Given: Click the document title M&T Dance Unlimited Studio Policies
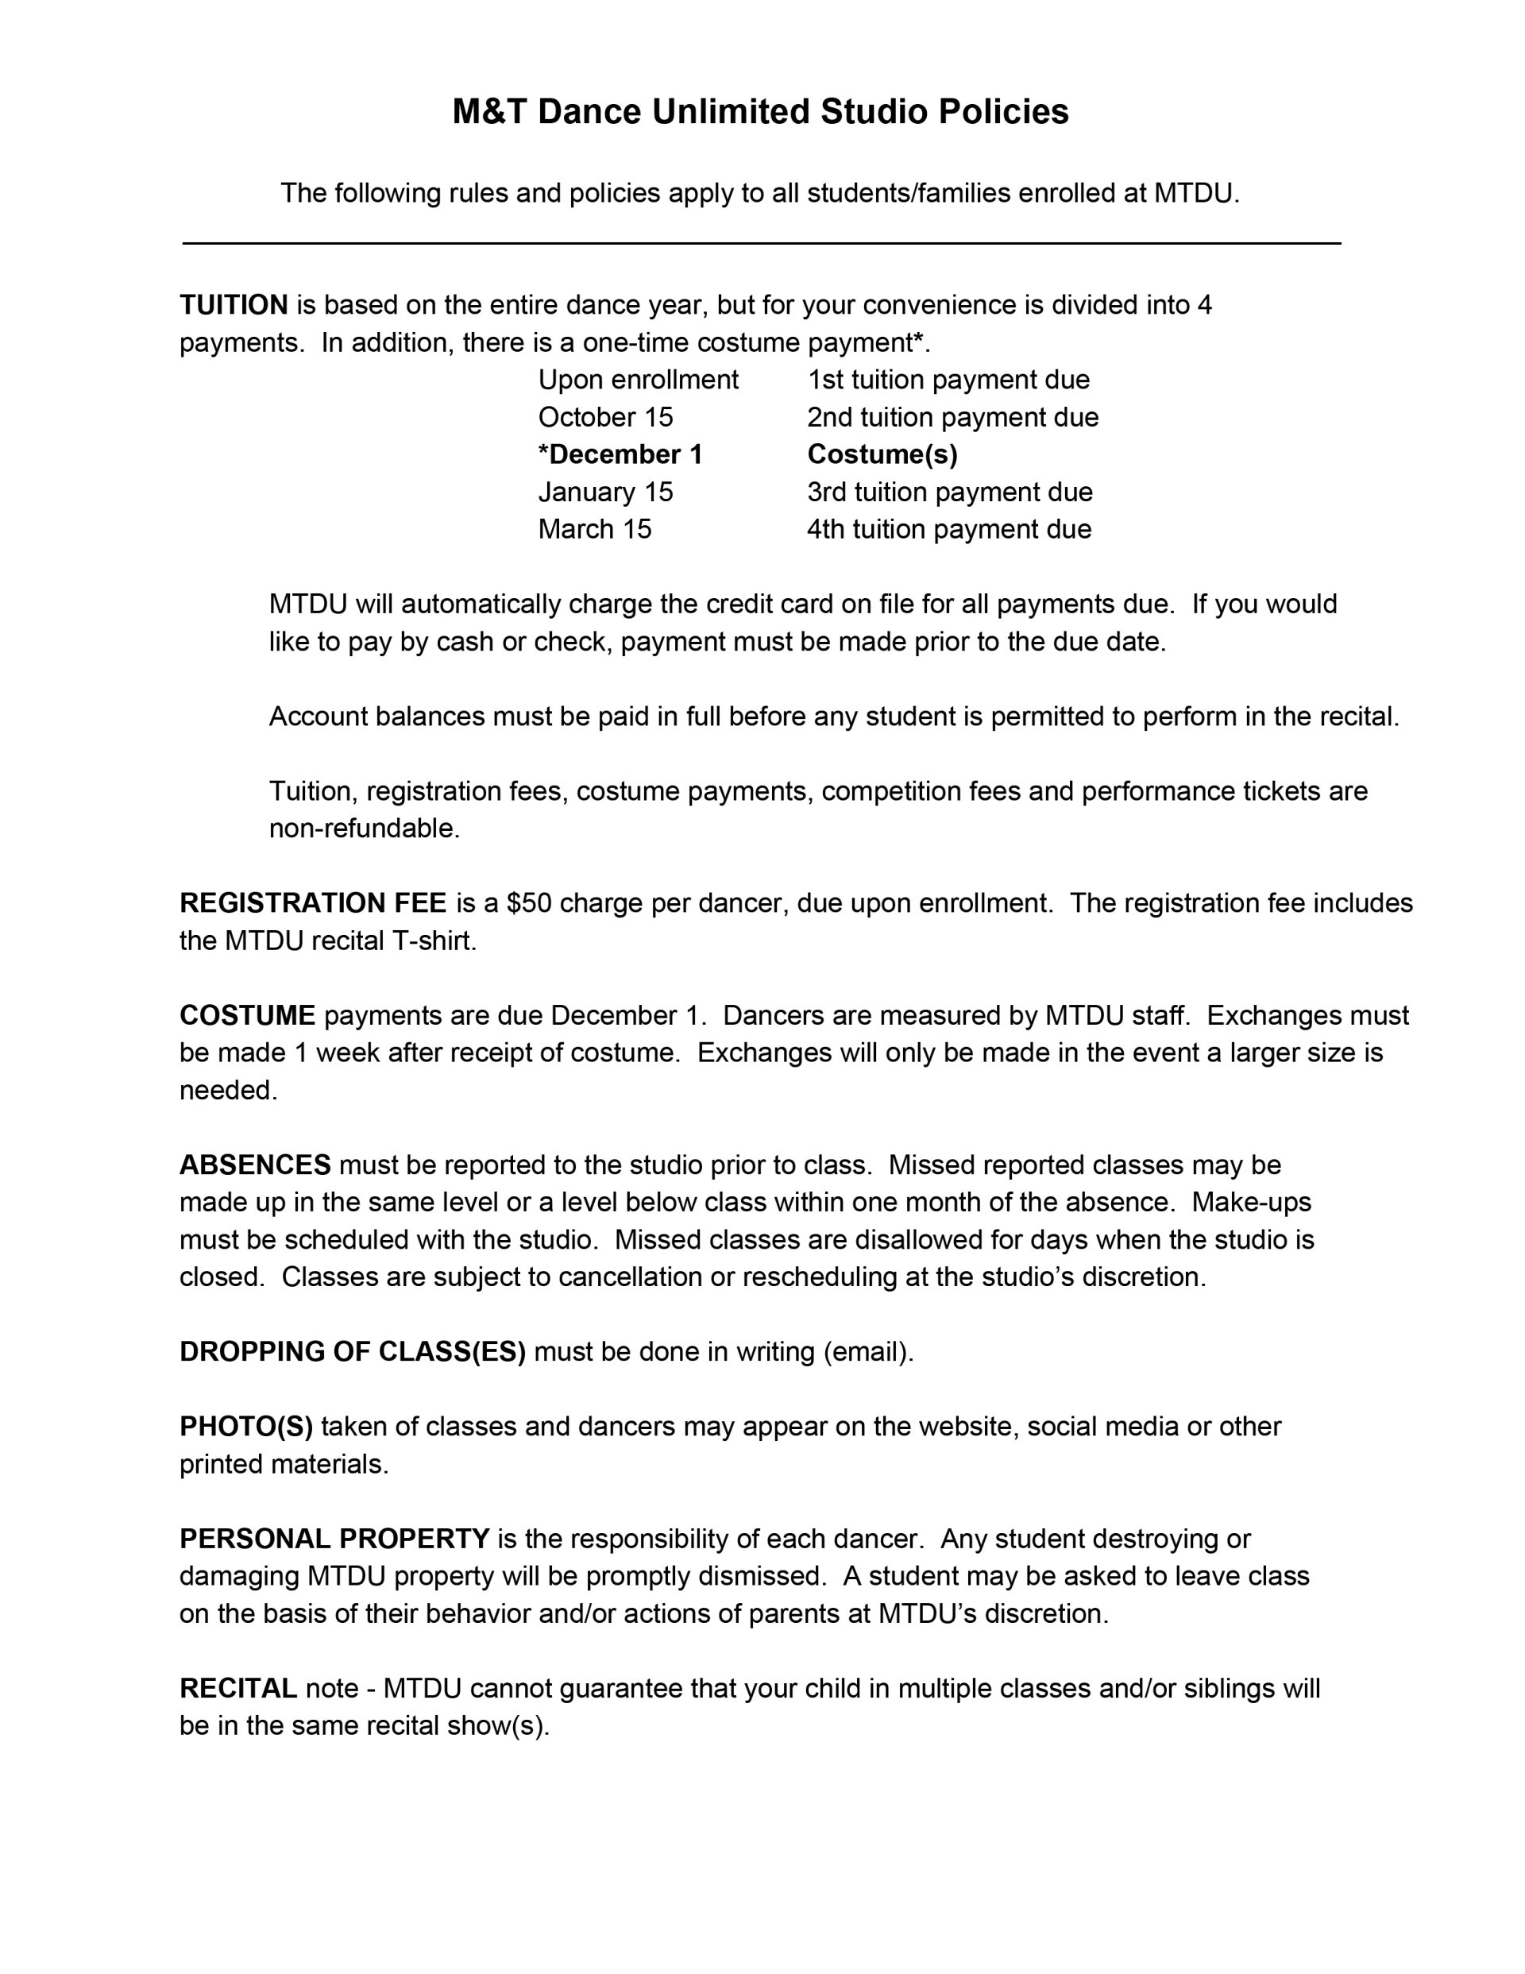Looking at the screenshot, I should (x=760, y=112).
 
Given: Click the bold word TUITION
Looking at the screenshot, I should (x=234, y=306).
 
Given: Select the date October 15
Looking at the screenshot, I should (x=606, y=417).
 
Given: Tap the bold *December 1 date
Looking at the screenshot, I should (x=620, y=454).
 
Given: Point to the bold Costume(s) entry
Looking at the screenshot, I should (x=882, y=454).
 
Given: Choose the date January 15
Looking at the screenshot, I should (x=606, y=492).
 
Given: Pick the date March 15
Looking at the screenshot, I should (x=595, y=529).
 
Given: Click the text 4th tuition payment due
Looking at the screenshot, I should (x=948, y=529).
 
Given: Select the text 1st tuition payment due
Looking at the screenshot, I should (x=948, y=380).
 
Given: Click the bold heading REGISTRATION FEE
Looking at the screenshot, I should (x=313, y=903).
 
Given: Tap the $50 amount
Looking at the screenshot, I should (x=529, y=903).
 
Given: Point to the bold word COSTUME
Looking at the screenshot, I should (x=247, y=1015).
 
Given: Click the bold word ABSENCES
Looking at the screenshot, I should (x=255, y=1165).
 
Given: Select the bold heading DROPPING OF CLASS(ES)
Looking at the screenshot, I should (x=353, y=1351).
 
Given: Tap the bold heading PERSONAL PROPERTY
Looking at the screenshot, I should (x=334, y=1539).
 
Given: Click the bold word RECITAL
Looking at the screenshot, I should (x=237, y=1687).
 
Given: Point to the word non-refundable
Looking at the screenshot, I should (x=364, y=828).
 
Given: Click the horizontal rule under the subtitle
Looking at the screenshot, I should (x=761, y=243).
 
